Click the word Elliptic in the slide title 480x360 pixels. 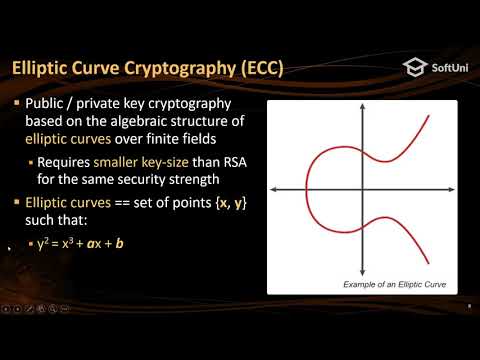click(x=43, y=69)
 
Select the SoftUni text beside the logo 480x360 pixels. click(x=447, y=68)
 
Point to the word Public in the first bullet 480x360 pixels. click(x=45, y=105)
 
